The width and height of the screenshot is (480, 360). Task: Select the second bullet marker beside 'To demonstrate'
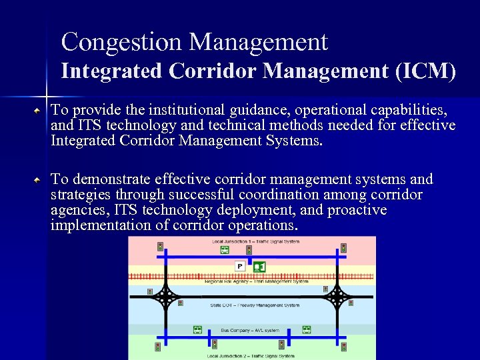pos(40,180)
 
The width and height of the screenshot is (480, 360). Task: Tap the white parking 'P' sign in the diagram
pos(239,266)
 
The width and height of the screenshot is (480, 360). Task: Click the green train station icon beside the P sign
pos(259,267)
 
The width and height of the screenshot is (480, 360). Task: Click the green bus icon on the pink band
pos(225,249)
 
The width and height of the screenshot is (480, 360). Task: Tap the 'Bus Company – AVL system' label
pos(251,330)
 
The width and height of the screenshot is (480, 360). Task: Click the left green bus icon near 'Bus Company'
pos(197,329)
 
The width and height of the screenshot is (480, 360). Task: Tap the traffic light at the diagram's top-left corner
pos(160,246)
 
